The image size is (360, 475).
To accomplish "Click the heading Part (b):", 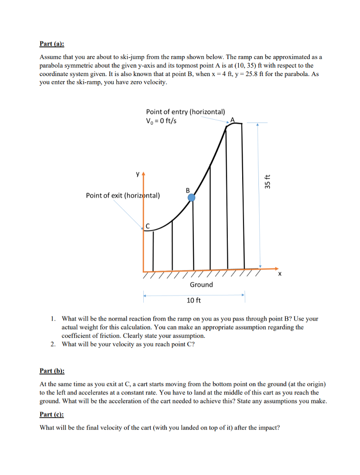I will pos(52,371).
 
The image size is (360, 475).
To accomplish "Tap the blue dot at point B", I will pos(191,198).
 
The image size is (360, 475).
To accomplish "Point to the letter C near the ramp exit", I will pos(148,225).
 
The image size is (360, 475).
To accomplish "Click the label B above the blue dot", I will pos(188,190).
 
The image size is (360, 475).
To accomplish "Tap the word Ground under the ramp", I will pos(201,284).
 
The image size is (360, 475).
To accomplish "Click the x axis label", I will pos(279,275).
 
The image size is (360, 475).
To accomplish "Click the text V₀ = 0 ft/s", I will pos(161,121).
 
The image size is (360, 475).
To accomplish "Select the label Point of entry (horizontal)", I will pos(186,112).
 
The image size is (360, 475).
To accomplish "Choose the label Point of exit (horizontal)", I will pos(123,195).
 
